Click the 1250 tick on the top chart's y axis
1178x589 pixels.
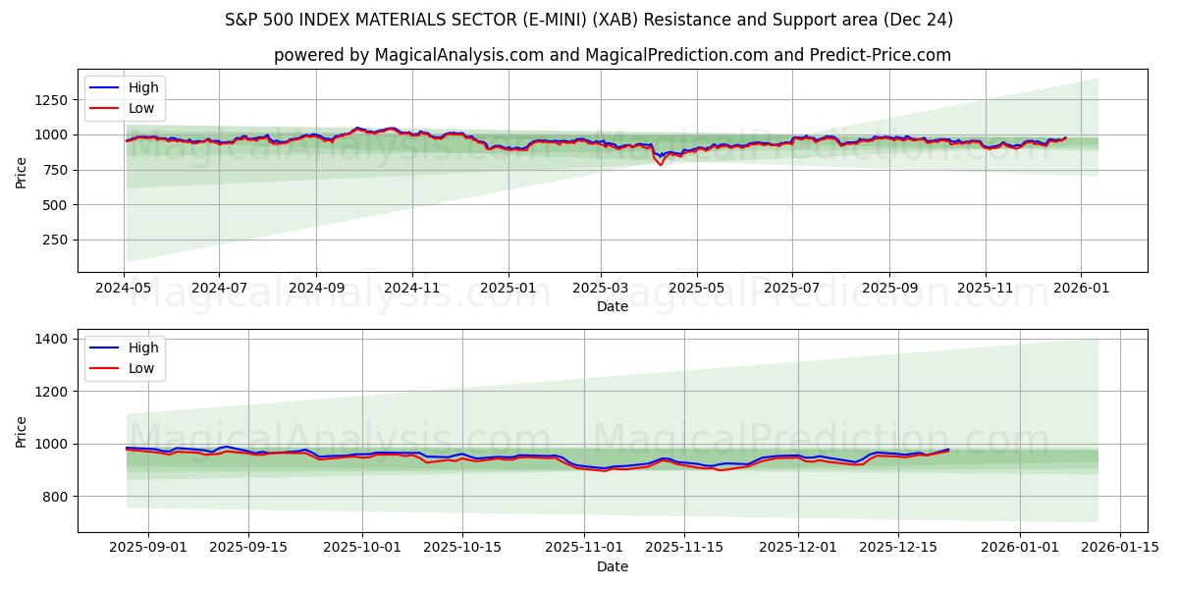pos(49,100)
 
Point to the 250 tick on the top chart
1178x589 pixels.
pos(53,241)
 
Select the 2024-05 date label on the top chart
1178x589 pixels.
pos(124,289)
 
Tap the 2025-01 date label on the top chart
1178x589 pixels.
pos(508,289)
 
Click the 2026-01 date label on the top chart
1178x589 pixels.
pos(1081,289)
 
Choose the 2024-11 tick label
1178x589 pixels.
pos(411,289)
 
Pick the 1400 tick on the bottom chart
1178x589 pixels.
pos(49,340)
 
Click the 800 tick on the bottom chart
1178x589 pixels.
pos(53,497)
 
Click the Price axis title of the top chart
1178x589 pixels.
pos(22,171)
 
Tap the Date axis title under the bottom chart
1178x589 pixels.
pos(613,566)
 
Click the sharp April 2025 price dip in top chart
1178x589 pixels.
pos(660,164)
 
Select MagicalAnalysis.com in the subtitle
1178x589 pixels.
pos(459,55)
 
